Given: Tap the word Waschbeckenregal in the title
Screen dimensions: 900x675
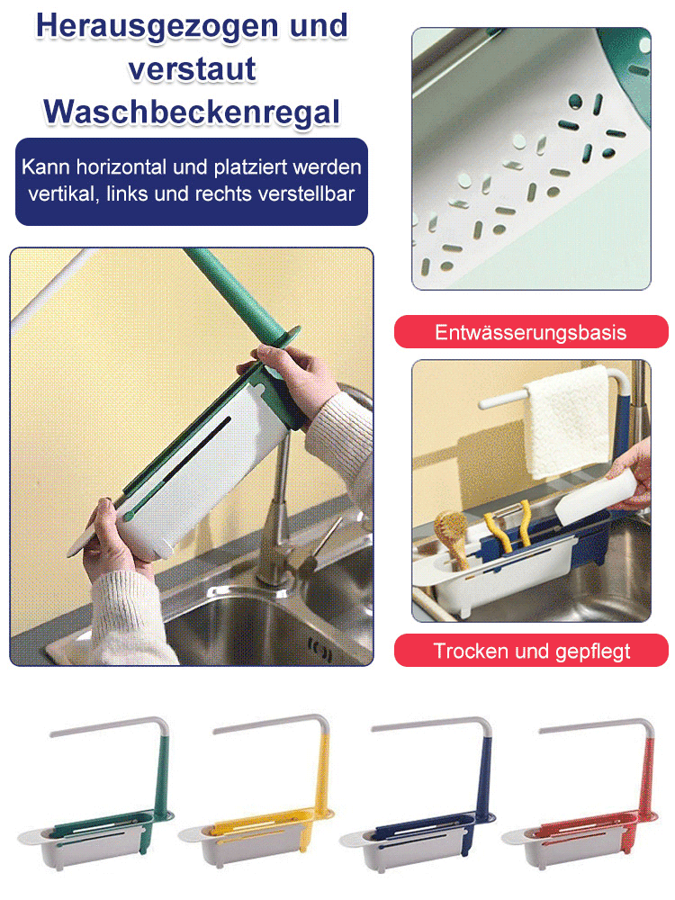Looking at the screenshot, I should (192, 111).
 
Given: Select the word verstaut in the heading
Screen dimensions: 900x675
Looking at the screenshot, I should (192, 68).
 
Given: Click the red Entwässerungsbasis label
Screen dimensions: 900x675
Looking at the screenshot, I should (531, 332).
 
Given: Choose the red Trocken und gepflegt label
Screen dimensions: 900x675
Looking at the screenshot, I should (531, 651).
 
